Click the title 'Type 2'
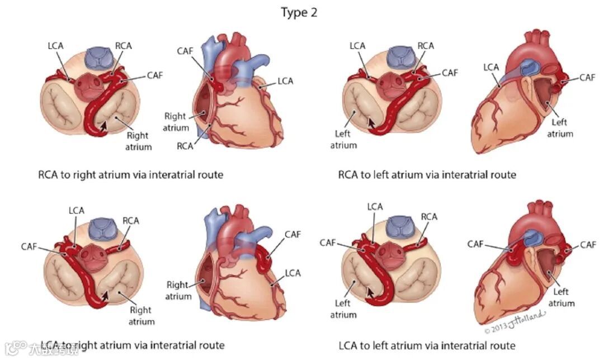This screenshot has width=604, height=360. coord(299,13)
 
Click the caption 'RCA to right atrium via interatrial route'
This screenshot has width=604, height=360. coord(130,175)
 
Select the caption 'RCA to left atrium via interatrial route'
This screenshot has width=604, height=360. coord(427,175)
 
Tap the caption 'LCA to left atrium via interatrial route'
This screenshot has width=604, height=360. coord(427,345)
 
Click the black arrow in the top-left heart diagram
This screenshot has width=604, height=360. coord(102,127)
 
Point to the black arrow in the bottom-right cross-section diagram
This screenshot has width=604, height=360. coord(370,292)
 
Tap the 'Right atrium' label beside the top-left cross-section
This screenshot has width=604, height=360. coord(138,141)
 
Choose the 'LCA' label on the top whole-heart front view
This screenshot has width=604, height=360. coord(285,81)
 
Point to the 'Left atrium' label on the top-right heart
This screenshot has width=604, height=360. coord(559,128)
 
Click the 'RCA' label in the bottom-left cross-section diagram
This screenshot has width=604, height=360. coord(130,220)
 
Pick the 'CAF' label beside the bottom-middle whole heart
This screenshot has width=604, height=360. coord(292,234)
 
